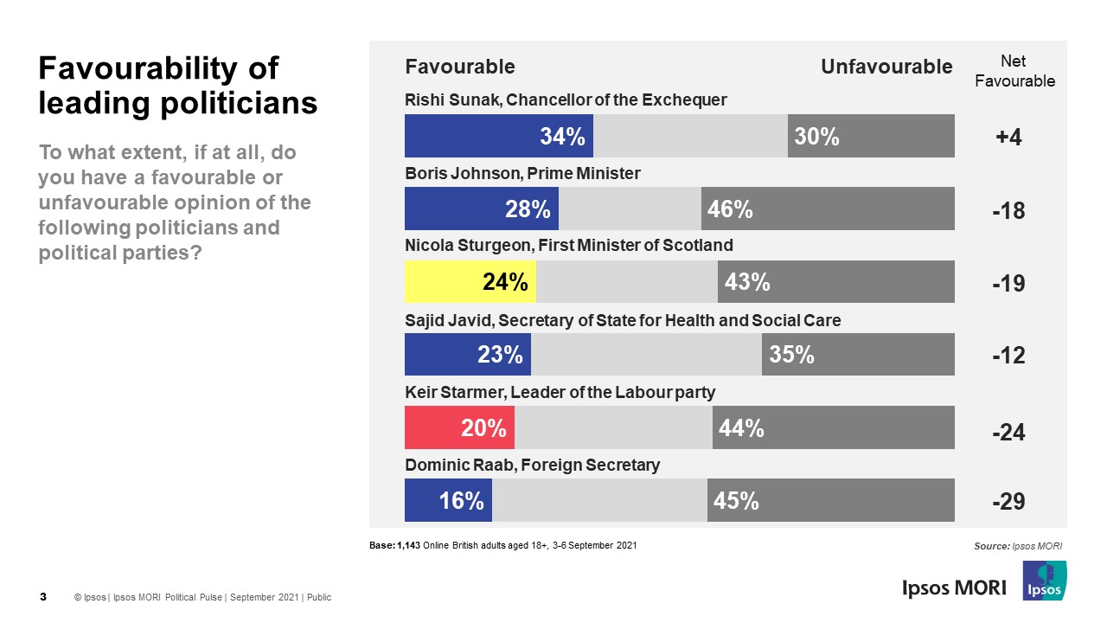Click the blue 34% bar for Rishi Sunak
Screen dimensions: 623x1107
point(499,136)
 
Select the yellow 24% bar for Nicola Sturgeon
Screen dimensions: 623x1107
point(470,282)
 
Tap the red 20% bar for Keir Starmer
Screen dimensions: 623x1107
point(459,427)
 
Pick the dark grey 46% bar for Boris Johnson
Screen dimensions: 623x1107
point(828,209)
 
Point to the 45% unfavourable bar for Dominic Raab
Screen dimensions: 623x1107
point(830,501)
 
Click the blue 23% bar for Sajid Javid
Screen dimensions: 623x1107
point(468,355)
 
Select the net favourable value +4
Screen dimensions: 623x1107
point(1008,138)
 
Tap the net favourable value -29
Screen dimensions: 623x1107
point(1008,503)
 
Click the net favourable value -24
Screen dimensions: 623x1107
point(1008,432)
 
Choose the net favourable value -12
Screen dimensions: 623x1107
point(1008,356)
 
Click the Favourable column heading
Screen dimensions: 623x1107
point(460,67)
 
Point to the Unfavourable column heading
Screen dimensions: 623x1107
point(886,67)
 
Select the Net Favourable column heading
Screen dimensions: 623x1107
point(1014,71)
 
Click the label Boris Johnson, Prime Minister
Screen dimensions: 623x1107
point(522,173)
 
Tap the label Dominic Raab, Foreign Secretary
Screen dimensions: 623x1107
point(532,466)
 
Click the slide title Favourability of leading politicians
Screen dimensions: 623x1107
point(178,86)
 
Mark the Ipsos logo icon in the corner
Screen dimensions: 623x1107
point(1045,581)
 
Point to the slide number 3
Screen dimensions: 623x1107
point(43,597)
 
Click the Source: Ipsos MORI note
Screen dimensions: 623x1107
point(1017,546)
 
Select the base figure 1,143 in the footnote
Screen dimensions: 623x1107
point(409,546)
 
